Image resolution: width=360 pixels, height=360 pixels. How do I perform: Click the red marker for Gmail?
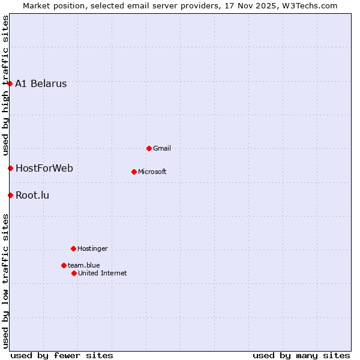149,148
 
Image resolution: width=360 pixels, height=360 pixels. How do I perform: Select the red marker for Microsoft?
134,172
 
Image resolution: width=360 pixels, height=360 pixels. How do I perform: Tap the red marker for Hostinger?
73,248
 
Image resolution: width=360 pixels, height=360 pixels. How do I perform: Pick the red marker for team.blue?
64,265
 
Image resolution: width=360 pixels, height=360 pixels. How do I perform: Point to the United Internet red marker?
74,273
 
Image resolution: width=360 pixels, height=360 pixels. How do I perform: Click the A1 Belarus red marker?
10,83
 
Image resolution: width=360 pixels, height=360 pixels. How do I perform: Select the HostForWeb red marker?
10,168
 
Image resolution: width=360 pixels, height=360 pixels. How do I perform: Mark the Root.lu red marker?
10,195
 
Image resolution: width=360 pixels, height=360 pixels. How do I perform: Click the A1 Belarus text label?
41,84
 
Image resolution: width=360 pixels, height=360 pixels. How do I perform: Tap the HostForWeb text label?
44,169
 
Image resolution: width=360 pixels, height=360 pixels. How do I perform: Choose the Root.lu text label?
32,196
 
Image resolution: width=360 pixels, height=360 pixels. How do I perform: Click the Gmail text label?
162,149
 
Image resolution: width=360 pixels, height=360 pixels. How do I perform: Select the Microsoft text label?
152,172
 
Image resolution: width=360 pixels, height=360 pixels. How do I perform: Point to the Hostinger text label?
92,249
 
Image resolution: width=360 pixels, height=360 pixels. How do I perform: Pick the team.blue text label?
84,266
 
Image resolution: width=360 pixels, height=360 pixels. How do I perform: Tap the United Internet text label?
103,274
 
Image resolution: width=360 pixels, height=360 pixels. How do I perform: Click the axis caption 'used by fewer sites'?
62,356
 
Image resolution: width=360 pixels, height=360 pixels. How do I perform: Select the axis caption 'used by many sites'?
301,356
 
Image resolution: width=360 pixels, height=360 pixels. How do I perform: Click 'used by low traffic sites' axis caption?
6,281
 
